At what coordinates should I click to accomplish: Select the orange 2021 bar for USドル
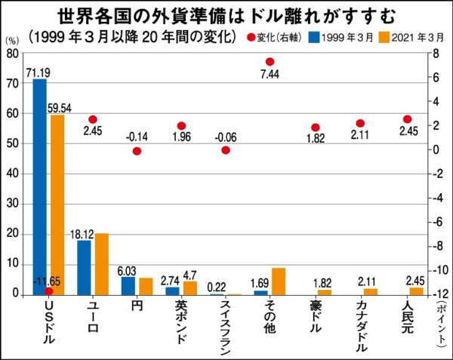(x=57, y=204)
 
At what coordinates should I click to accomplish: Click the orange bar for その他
(x=278, y=281)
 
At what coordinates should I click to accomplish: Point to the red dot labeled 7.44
(x=270, y=62)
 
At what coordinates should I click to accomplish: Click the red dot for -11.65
(x=49, y=291)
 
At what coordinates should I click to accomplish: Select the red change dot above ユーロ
(x=93, y=119)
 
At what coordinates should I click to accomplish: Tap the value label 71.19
(x=38, y=73)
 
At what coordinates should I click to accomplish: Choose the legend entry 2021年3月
(x=404, y=37)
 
